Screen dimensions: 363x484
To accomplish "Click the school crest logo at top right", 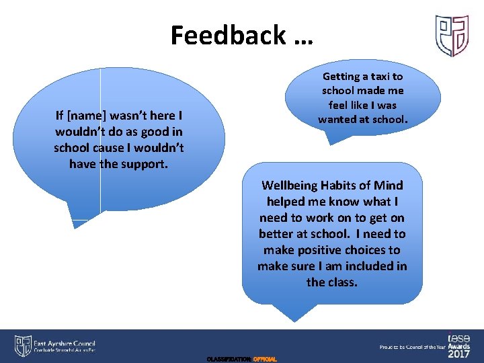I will tap(451, 35).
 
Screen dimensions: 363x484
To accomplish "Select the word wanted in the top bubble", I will tap(341, 120).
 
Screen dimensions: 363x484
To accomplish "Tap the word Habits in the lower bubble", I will tap(352, 186).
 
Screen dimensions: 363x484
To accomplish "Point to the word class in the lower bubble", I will tap(341, 282).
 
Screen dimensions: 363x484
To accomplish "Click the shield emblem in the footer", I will tap(23, 346).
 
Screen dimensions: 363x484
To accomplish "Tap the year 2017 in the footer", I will tap(458, 353).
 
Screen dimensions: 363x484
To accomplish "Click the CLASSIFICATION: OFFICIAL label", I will tap(242, 360).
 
